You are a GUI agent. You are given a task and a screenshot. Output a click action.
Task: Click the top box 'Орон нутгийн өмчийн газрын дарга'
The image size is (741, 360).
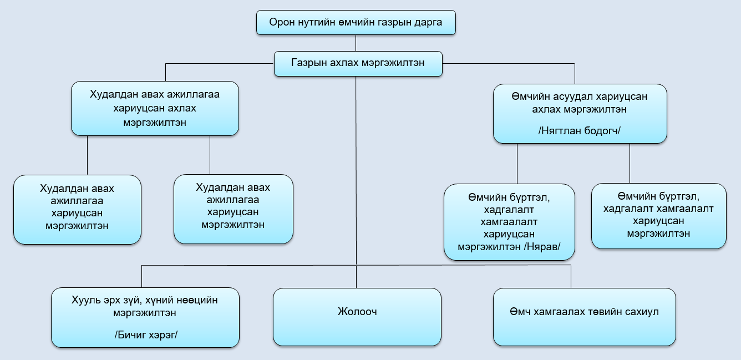coord(356,23)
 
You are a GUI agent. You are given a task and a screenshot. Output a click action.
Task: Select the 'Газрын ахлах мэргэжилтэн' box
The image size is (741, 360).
coord(358,64)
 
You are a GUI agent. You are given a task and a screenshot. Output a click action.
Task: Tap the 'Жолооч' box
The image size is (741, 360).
coord(357,317)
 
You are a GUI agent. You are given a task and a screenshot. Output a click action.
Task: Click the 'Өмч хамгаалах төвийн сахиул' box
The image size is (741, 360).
coord(585,317)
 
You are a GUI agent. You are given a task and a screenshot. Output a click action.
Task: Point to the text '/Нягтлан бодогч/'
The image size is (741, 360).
coord(580,131)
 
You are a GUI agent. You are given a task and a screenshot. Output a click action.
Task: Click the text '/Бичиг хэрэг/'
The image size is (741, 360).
coord(146,335)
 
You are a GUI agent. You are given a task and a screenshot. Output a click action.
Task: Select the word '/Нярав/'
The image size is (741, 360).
coord(542,246)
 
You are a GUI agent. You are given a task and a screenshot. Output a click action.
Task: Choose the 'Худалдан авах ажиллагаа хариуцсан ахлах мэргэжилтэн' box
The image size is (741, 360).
coord(155,109)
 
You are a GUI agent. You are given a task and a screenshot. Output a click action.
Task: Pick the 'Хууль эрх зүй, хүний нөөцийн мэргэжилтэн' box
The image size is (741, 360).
coord(145,318)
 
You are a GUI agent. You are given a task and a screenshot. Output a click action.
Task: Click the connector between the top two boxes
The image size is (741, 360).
coord(356,43)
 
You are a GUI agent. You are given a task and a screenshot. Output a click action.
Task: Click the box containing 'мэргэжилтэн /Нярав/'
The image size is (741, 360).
coord(509,222)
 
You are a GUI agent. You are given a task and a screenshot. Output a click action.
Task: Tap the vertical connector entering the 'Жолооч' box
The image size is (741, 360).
coord(356,277)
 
